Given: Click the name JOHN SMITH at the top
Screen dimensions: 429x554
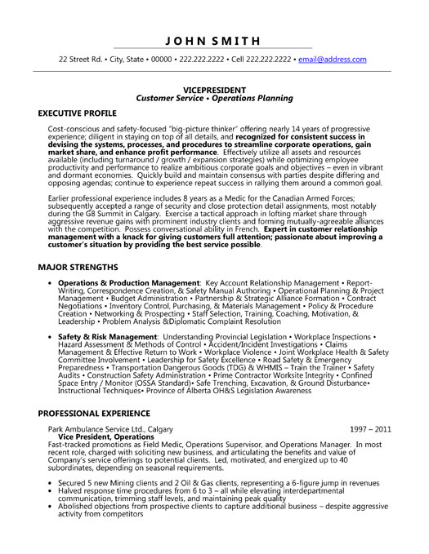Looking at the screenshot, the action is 214,40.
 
